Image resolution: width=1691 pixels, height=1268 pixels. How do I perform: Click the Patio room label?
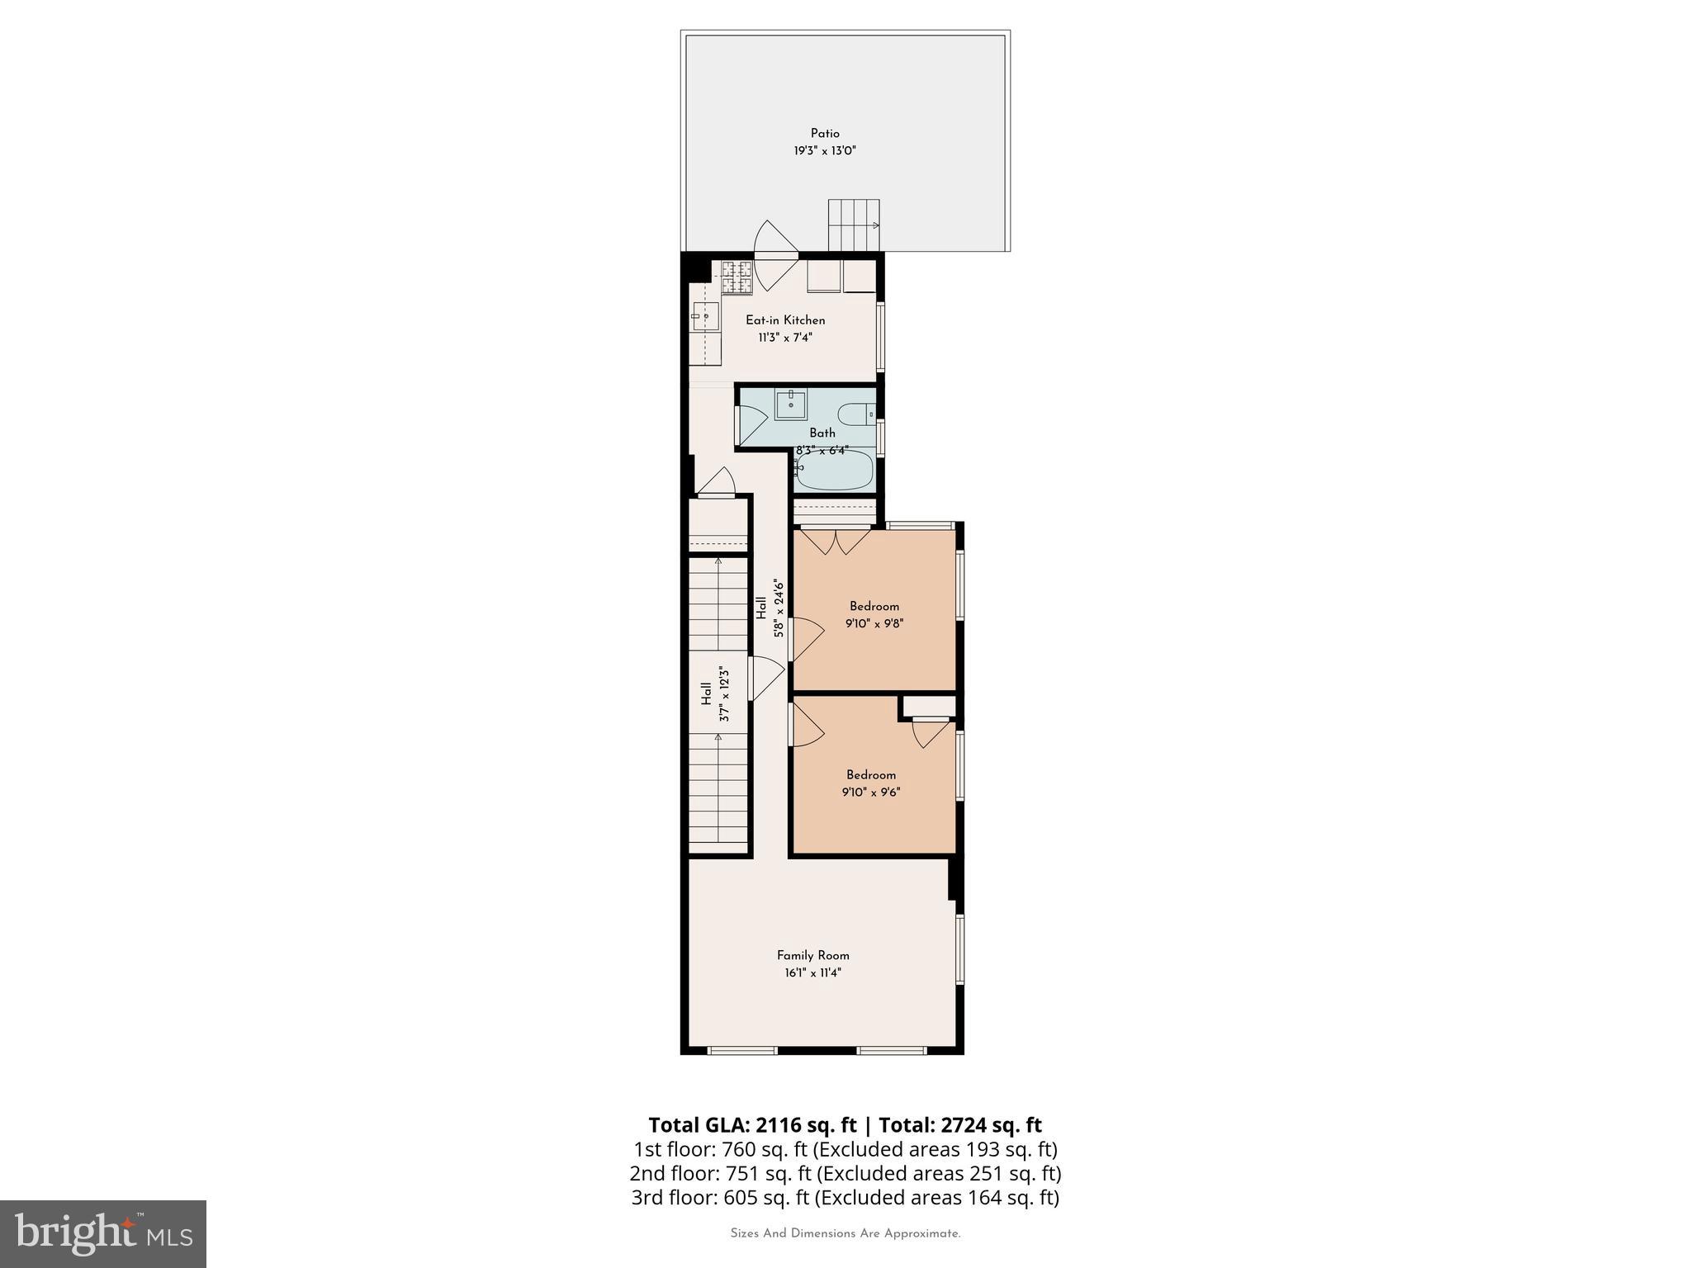(x=825, y=134)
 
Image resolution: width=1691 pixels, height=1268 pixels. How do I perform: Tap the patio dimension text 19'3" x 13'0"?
(x=825, y=151)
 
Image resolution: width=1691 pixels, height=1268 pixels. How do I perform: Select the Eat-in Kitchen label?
(x=785, y=320)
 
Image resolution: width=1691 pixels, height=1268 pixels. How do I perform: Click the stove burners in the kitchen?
(x=737, y=277)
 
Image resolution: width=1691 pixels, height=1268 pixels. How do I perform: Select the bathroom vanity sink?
(x=791, y=405)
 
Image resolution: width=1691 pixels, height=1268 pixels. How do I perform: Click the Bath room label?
(x=822, y=433)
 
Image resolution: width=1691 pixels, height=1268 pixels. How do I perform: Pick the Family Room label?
(x=813, y=956)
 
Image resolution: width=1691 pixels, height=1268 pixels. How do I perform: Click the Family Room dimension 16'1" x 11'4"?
(x=813, y=973)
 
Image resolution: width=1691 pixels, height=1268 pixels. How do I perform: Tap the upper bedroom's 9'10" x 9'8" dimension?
(x=874, y=624)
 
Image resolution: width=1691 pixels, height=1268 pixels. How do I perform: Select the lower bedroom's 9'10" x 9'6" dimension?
(x=871, y=792)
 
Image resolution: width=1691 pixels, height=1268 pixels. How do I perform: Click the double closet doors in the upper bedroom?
(x=836, y=542)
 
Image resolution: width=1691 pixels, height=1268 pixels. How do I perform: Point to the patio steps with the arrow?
(x=855, y=225)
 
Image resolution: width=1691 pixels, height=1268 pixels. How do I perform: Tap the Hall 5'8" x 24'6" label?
(x=769, y=608)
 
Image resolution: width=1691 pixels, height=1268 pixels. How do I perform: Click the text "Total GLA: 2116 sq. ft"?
(x=753, y=1125)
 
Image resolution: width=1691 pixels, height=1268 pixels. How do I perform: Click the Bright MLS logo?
(x=103, y=1234)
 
